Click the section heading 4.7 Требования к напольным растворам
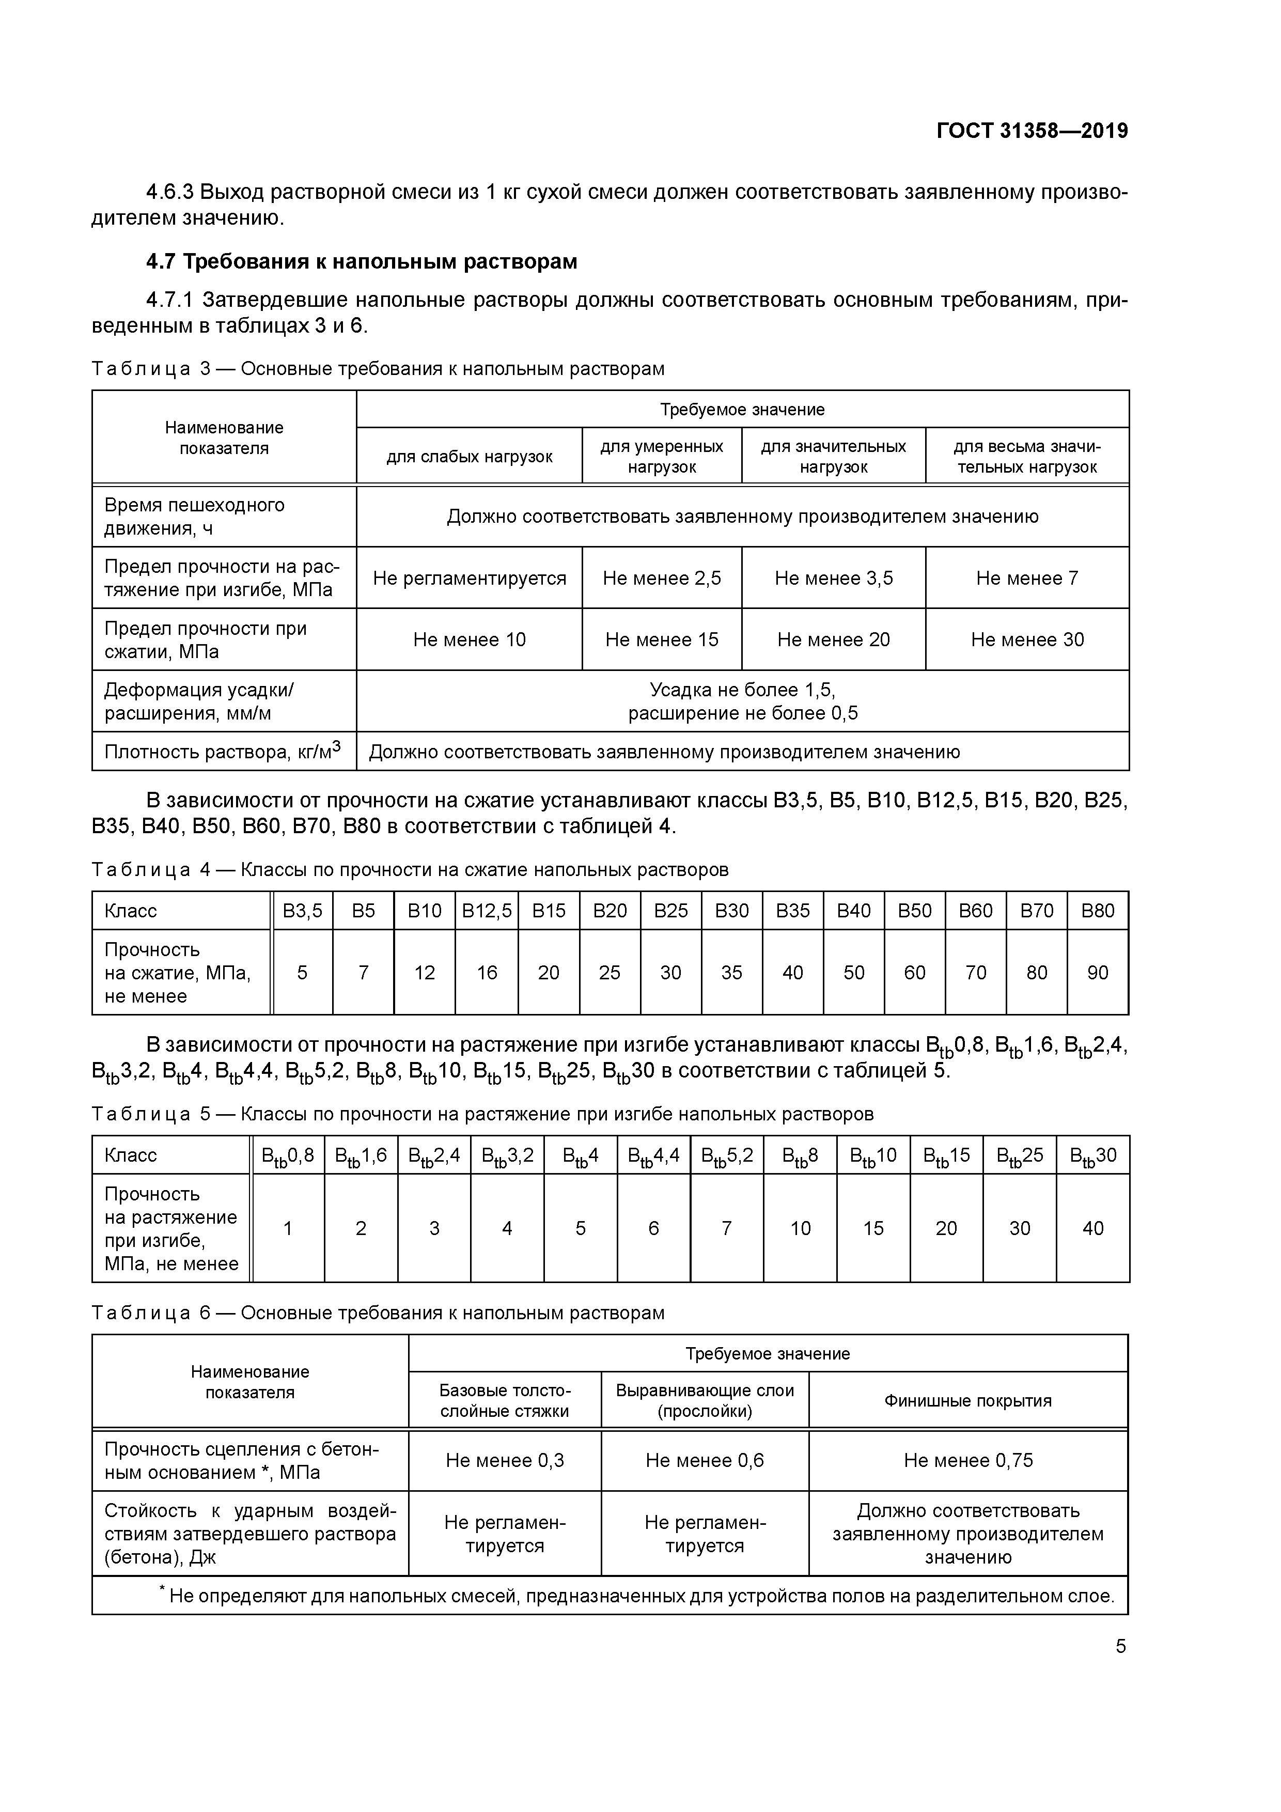tap(362, 261)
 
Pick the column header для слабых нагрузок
tap(469, 457)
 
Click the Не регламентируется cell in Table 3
tap(469, 579)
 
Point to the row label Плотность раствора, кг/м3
tap(223, 752)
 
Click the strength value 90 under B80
tap(1097, 973)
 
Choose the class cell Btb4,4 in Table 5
tap(653, 1156)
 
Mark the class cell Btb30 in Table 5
tap(1092, 1156)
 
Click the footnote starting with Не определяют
tap(640, 1596)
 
